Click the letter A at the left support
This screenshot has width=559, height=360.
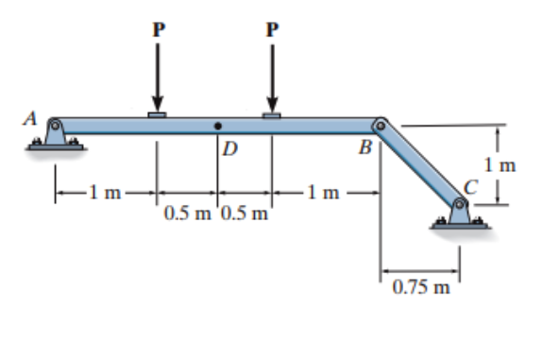(x=31, y=119)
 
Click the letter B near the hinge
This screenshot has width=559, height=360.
(x=364, y=146)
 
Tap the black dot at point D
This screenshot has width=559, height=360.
(x=218, y=125)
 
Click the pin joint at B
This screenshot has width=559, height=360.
(x=381, y=125)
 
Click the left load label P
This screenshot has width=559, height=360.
(x=158, y=29)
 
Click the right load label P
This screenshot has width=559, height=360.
(x=273, y=29)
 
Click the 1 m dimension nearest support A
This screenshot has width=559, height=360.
(x=105, y=196)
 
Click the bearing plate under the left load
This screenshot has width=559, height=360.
(x=158, y=115)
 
